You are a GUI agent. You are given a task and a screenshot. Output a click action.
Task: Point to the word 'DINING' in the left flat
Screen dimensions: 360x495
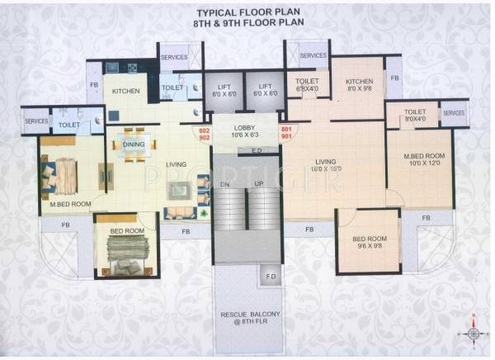134,145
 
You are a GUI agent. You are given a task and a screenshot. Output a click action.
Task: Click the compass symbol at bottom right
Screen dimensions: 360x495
473,332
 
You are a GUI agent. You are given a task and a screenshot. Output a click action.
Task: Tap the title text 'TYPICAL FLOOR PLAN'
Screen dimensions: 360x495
247,13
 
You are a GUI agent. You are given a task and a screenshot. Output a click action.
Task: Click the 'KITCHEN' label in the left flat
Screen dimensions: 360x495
125,91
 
